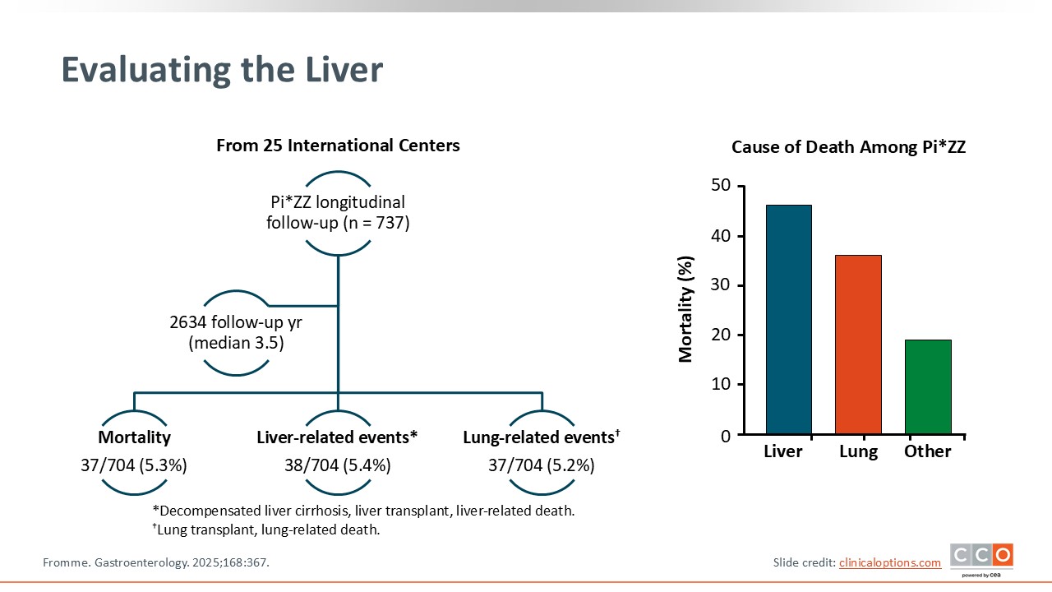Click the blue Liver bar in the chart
788,319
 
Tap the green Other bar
928,386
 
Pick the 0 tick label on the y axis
725,435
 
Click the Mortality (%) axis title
686,309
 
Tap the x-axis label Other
928,451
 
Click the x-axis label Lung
858,451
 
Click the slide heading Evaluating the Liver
222,71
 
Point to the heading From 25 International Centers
338,146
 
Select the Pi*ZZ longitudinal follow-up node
338,212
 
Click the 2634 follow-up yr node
237,333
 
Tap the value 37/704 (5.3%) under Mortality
134,465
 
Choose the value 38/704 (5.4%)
338,465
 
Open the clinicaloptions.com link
890,562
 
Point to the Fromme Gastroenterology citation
156,562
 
